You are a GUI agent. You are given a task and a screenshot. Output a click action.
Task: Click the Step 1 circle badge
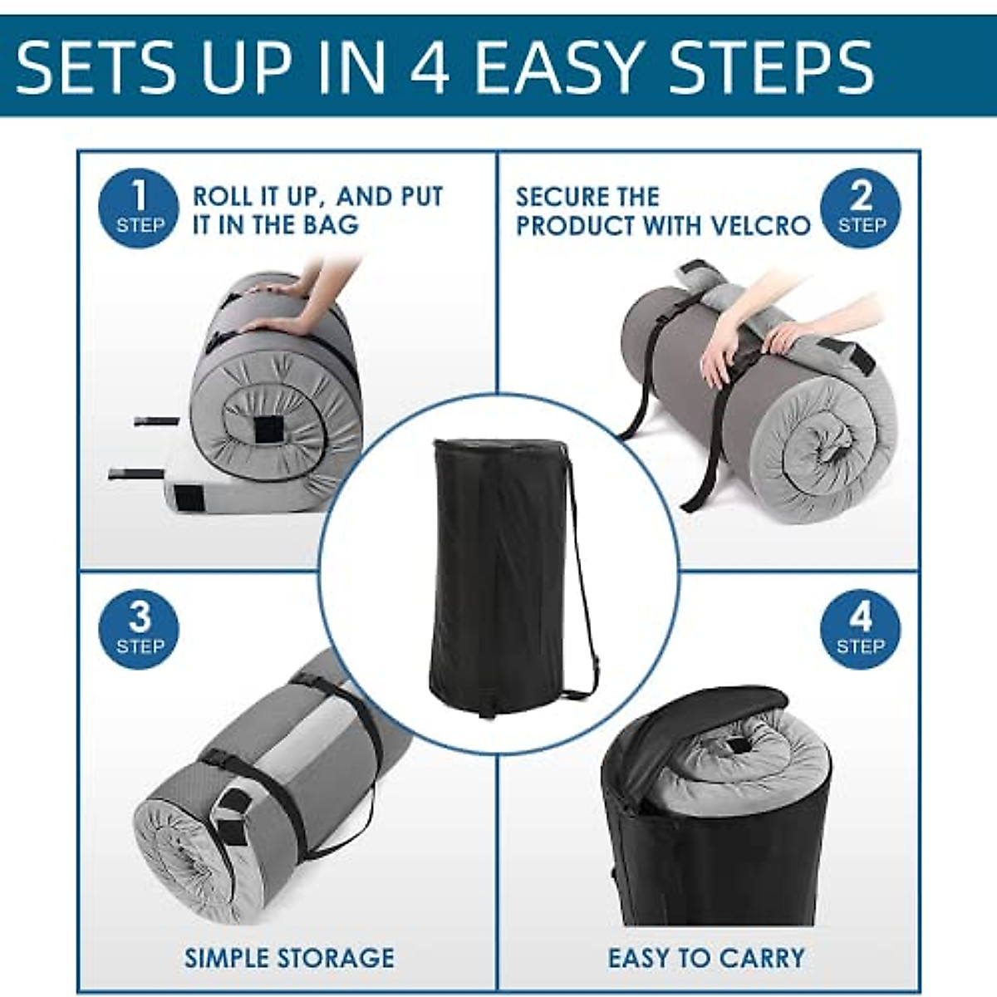[x=139, y=208]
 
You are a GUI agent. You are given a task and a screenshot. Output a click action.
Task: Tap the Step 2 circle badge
[x=861, y=208]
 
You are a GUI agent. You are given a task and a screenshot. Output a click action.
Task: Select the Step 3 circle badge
[x=139, y=630]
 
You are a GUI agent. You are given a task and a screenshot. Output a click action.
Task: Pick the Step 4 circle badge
[x=861, y=630]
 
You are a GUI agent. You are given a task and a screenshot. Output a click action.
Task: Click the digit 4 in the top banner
[x=430, y=67]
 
